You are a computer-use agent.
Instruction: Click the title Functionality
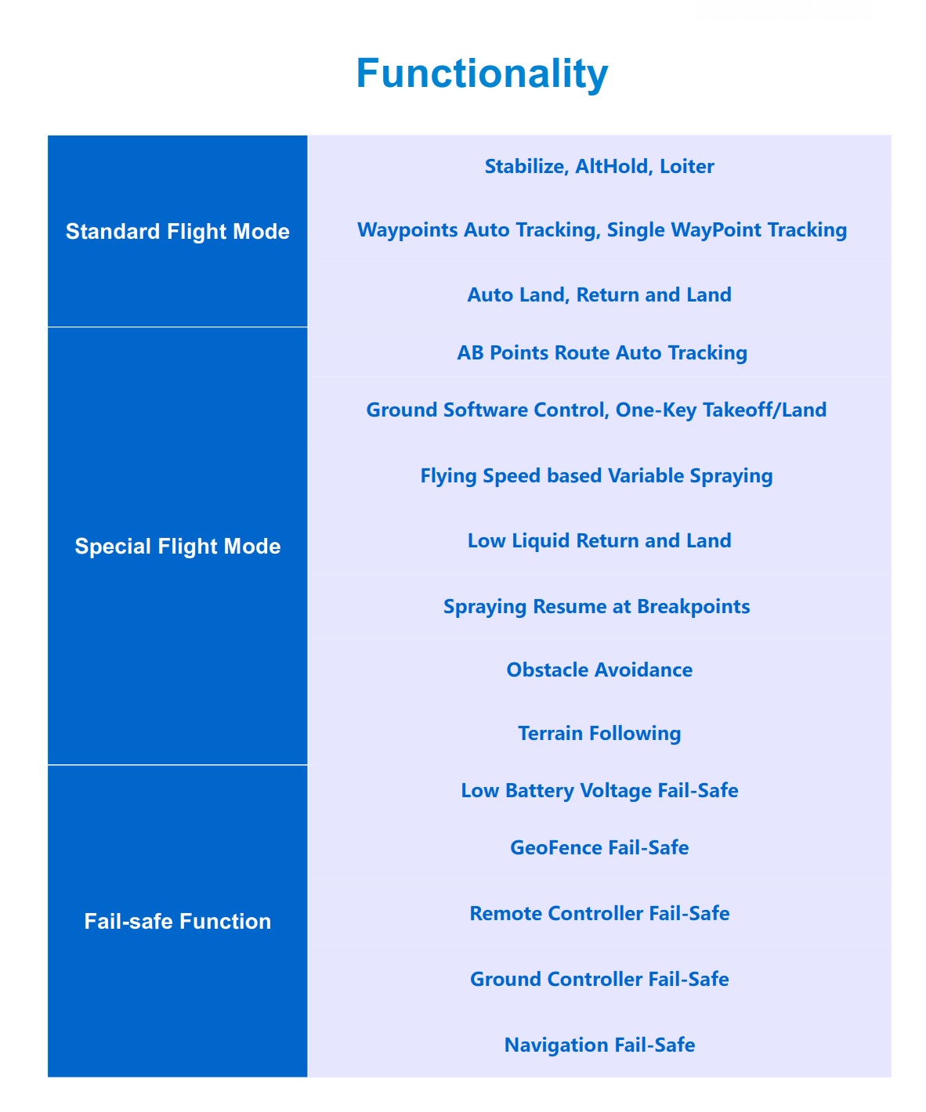482,74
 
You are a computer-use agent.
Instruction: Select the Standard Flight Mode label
177,232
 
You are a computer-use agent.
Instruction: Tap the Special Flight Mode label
177,547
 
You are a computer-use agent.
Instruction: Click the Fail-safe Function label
177,922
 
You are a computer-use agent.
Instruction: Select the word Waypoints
407,230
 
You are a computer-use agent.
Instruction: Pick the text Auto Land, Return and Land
599,295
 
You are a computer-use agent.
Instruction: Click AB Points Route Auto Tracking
602,353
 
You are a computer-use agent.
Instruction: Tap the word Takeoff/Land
765,410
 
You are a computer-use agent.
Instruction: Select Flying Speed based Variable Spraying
596,476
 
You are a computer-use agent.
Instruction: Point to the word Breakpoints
693,607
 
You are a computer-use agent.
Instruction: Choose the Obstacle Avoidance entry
599,670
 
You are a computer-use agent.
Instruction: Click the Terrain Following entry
599,734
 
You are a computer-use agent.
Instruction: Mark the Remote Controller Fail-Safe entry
599,914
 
